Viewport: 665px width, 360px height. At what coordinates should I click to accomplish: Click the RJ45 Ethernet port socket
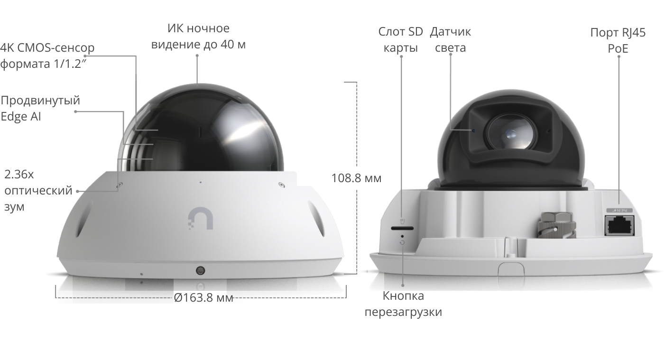pyautogui.click(x=619, y=226)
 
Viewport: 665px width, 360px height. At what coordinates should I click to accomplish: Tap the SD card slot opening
pyautogui.click(x=402, y=228)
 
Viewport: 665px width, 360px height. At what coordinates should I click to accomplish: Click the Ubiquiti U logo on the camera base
pyautogui.click(x=200, y=219)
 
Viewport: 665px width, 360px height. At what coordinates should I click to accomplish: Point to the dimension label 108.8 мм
pyautogui.click(x=356, y=178)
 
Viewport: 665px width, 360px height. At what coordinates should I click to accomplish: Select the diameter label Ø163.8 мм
pyautogui.click(x=203, y=297)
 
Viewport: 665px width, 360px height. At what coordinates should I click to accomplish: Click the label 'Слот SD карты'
pyautogui.click(x=400, y=40)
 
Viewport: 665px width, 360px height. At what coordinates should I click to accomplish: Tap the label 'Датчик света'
pyautogui.click(x=450, y=40)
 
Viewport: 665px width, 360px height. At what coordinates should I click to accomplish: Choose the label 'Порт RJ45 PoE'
pyautogui.click(x=618, y=40)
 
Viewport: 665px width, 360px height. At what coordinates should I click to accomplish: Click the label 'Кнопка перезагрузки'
pyautogui.click(x=403, y=304)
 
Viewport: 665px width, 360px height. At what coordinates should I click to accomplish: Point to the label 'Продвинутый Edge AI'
pyautogui.click(x=40, y=108)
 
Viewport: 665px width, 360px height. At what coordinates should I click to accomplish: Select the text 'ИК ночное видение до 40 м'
pyautogui.click(x=198, y=36)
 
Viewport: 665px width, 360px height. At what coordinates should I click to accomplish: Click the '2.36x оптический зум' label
pyautogui.click(x=38, y=190)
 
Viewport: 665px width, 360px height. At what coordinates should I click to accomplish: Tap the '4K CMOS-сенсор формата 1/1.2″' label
pyautogui.click(x=47, y=55)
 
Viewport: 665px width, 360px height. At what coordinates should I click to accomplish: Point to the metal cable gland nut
pyautogui.click(x=557, y=225)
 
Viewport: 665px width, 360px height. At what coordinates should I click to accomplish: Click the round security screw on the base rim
pyautogui.click(x=200, y=270)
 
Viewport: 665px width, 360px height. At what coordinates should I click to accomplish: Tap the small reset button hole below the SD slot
pyautogui.click(x=402, y=236)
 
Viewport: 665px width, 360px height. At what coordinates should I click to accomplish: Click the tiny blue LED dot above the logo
pyautogui.click(x=200, y=182)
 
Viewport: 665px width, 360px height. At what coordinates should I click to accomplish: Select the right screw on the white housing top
pyautogui.click(x=282, y=185)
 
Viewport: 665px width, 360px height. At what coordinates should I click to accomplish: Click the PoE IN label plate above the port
pyautogui.click(x=619, y=211)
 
